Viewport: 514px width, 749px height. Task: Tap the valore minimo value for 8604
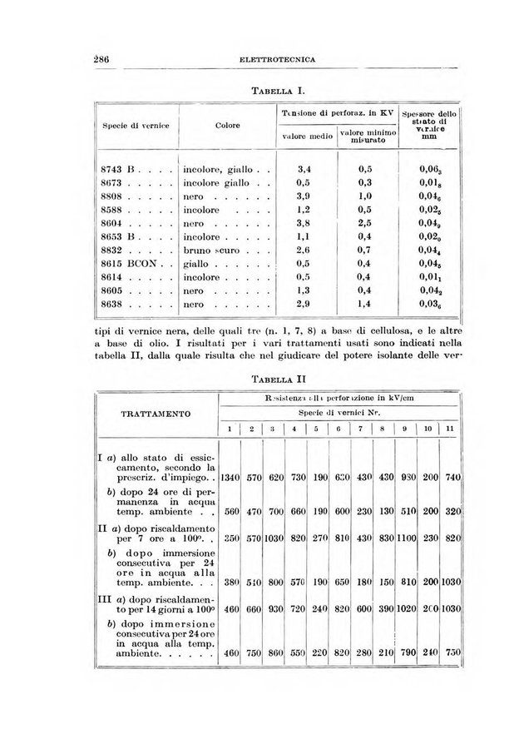tap(364, 234)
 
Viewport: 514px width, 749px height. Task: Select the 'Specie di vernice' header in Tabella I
tap(136, 126)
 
